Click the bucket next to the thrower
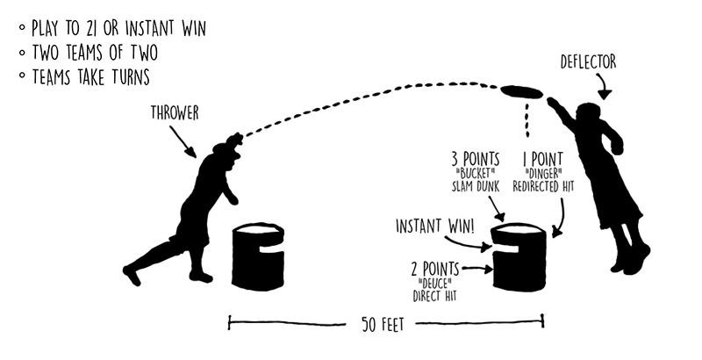[x=258, y=256]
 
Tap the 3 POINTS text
[x=476, y=159]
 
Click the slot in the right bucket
[x=506, y=255]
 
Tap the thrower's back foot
[x=132, y=275]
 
